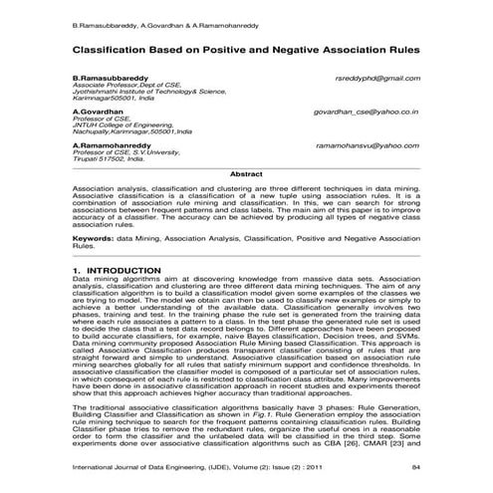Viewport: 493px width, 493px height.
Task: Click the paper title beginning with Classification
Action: tap(245, 48)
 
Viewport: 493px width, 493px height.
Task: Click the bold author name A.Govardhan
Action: tap(97, 113)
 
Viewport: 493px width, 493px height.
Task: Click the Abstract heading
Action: tap(246, 174)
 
